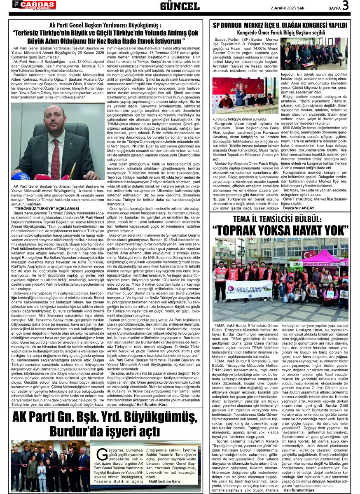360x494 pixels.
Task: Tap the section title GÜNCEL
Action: point(180,6)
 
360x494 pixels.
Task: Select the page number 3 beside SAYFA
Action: point(345,5)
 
